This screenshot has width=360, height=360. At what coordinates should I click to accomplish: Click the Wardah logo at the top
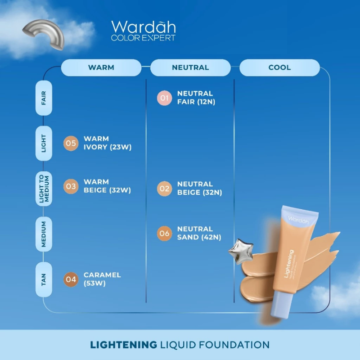click(143, 30)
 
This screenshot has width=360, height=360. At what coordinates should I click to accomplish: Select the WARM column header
click(101, 67)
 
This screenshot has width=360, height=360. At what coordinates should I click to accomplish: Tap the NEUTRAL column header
click(190, 67)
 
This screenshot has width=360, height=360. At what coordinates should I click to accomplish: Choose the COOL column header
click(279, 67)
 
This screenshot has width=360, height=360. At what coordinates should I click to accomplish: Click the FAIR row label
click(44, 98)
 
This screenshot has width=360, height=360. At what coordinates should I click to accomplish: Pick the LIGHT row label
click(44, 144)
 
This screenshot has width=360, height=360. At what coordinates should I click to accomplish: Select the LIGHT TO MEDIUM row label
click(44, 189)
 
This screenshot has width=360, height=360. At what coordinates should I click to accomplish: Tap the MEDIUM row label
click(44, 234)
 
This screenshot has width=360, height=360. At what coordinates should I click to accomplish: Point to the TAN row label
click(44, 279)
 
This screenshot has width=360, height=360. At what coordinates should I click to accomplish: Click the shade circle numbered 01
click(164, 98)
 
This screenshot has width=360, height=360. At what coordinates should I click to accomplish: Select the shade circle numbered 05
click(71, 143)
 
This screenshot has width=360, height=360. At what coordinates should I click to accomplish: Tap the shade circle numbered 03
click(71, 186)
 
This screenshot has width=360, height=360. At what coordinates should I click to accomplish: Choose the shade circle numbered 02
click(164, 189)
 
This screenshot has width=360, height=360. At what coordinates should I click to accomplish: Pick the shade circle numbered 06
click(164, 233)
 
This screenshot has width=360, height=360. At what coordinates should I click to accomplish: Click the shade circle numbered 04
click(71, 279)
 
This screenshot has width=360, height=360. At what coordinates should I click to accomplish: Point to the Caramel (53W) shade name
click(102, 279)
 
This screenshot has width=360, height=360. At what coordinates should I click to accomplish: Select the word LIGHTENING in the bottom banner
click(123, 345)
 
